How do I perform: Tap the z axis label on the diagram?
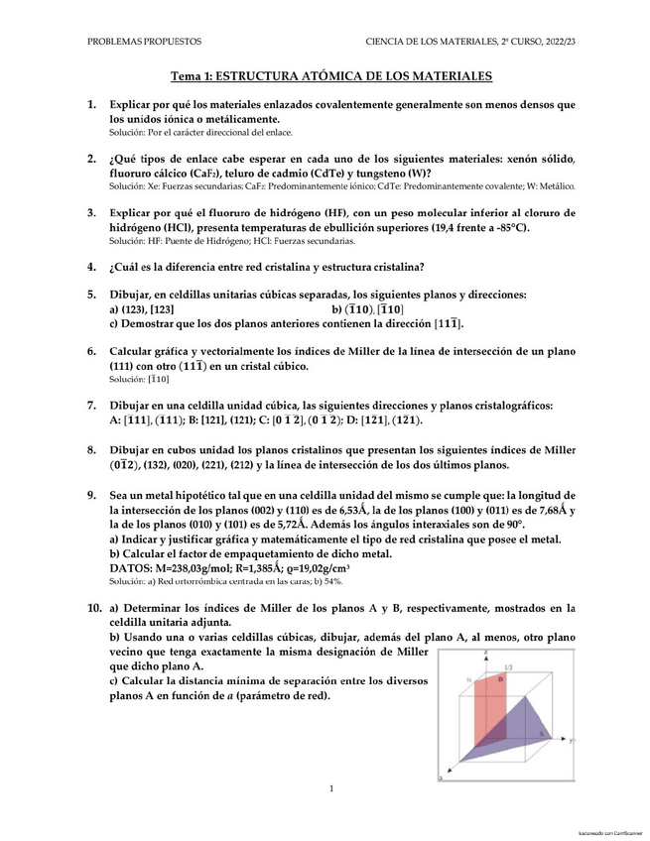coord(485,653)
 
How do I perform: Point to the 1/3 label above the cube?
coord(508,667)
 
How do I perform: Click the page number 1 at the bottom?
coord(330,788)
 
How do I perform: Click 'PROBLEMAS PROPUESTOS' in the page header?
coord(145,42)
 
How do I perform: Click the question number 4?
coord(91,266)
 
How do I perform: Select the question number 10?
coord(93,607)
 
